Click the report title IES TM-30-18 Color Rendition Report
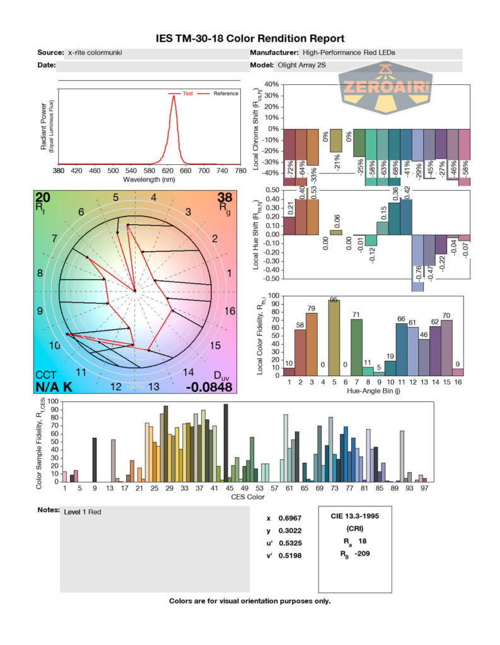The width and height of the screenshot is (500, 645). pyautogui.click(x=250, y=38)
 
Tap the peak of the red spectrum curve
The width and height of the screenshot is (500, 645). pyautogui.click(x=173, y=96)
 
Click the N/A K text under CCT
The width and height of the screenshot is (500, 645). pyautogui.click(x=54, y=386)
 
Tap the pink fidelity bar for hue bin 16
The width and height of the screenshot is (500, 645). pyautogui.click(x=458, y=372)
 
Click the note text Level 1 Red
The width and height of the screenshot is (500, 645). pyautogui.click(x=83, y=512)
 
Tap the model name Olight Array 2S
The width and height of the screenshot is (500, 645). pyautogui.click(x=301, y=65)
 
